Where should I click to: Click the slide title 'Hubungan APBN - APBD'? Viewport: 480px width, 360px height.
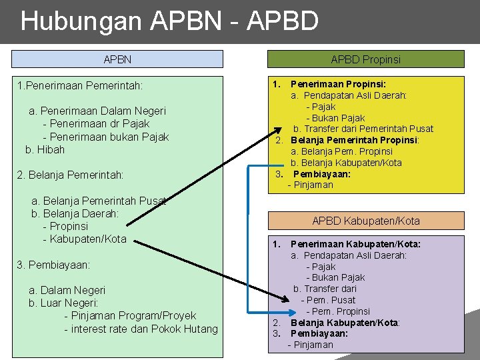click(x=169, y=21)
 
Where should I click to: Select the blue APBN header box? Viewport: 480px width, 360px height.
click(x=117, y=59)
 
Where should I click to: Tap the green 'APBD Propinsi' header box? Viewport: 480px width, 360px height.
click(x=365, y=59)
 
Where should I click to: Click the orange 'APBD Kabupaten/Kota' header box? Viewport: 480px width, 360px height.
click(x=365, y=221)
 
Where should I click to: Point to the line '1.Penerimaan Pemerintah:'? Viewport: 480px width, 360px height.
click(x=81, y=85)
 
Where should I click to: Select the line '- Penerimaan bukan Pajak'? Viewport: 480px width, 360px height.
click(x=105, y=137)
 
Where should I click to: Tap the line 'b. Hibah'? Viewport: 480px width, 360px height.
click(x=45, y=149)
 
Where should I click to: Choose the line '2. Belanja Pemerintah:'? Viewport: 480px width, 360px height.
click(x=71, y=175)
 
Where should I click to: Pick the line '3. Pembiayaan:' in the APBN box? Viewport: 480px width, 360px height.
click(x=53, y=265)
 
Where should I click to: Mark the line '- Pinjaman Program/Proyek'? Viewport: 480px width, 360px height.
click(x=130, y=316)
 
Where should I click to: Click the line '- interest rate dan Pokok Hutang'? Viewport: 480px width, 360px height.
click(x=141, y=329)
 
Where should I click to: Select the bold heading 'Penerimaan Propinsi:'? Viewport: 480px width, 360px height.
click(x=339, y=85)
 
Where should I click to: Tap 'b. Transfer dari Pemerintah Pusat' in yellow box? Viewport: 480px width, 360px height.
click(x=363, y=129)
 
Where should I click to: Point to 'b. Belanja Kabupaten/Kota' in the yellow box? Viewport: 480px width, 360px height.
click(x=346, y=163)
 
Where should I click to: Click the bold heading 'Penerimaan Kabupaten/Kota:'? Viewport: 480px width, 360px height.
click(x=355, y=244)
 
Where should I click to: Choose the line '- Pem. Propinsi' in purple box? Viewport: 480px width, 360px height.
click(x=338, y=311)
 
